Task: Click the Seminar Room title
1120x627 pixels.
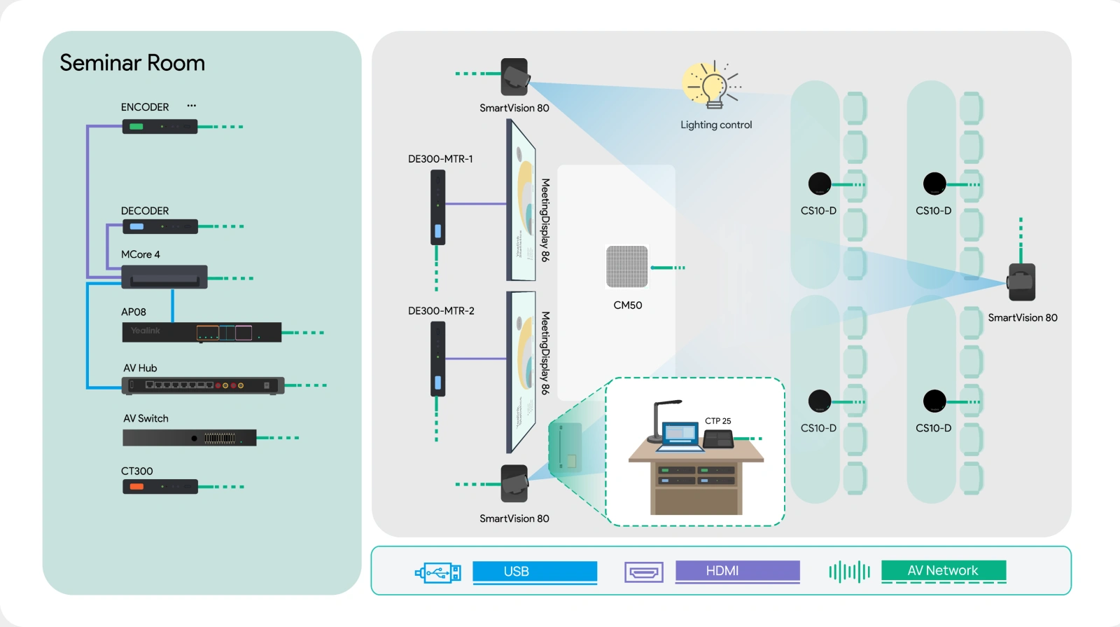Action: pyautogui.click(x=132, y=63)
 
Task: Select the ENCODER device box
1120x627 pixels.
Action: pyautogui.click(x=160, y=127)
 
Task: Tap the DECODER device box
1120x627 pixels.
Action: pyautogui.click(x=160, y=226)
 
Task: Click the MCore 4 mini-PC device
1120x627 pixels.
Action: pyautogui.click(x=164, y=277)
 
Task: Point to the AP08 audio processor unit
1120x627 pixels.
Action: pyautogui.click(x=202, y=332)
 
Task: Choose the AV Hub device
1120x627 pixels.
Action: pyautogui.click(x=203, y=385)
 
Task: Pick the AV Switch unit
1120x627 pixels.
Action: pyautogui.click(x=189, y=438)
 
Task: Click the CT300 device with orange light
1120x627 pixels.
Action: pyautogui.click(x=160, y=486)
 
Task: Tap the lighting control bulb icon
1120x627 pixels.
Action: pyautogui.click(x=713, y=85)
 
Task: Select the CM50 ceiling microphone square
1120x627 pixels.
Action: pyautogui.click(x=627, y=266)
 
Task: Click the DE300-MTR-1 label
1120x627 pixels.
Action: pyautogui.click(x=440, y=159)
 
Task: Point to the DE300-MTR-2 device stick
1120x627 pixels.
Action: pyautogui.click(x=437, y=359)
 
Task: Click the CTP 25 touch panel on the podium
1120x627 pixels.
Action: pyautogui.click(x=718, y=439)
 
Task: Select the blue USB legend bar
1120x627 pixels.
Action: pyautogui.click(x=535, y=572)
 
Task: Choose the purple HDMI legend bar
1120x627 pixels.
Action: pyautogui.click(x=737, y=571)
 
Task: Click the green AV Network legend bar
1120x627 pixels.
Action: pyautogui.click(x=943, y=571)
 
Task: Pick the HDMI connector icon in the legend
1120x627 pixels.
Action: pyautogui.click(x=643, y=572)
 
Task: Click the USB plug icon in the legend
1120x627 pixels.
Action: pyautogui.click(x=438, y=573)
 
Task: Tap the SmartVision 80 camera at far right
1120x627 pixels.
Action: pyautogui.click(x=1021, y=282)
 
